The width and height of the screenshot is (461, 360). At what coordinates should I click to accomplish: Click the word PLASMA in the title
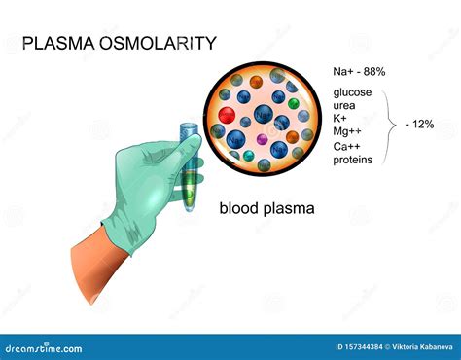coord(56,43)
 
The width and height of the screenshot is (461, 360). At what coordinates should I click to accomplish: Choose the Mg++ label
coord(346,133)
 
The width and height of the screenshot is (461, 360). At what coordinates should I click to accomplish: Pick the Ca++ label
coord(345,148)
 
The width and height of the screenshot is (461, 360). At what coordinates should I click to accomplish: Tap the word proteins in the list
coord(352,160)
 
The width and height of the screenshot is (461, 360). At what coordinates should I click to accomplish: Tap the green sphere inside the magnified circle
coord(292,102)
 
